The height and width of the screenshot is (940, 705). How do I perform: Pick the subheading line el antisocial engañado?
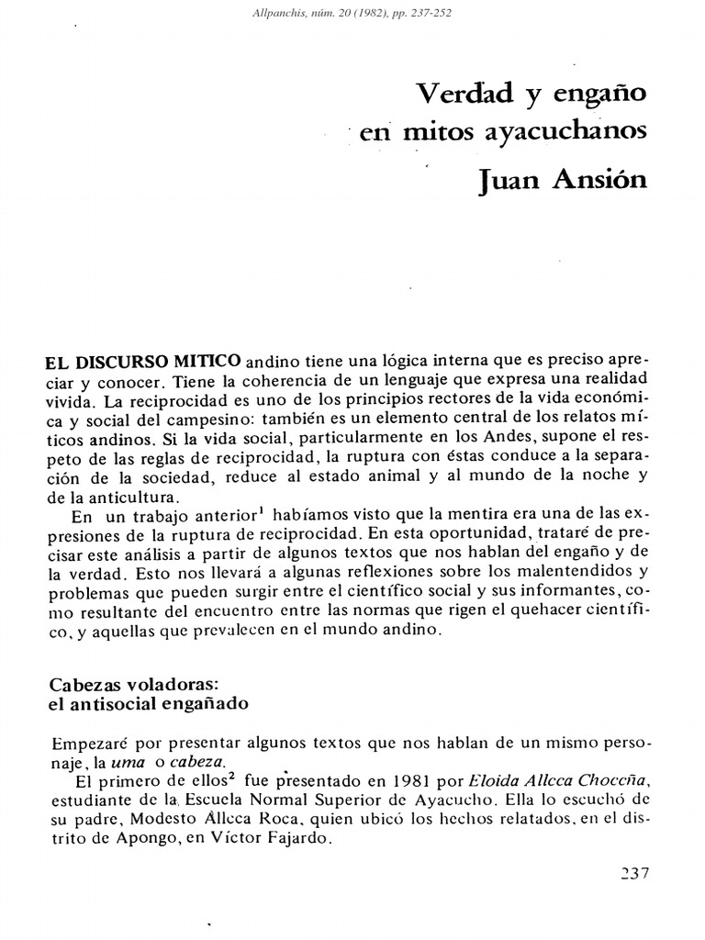pyautogui.click(x=148, y=705)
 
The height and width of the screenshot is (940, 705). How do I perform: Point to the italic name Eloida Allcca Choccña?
pyautogui.click(x=570, y=781)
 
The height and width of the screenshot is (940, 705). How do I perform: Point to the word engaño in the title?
pyautogui.click(x=588, y=95)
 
